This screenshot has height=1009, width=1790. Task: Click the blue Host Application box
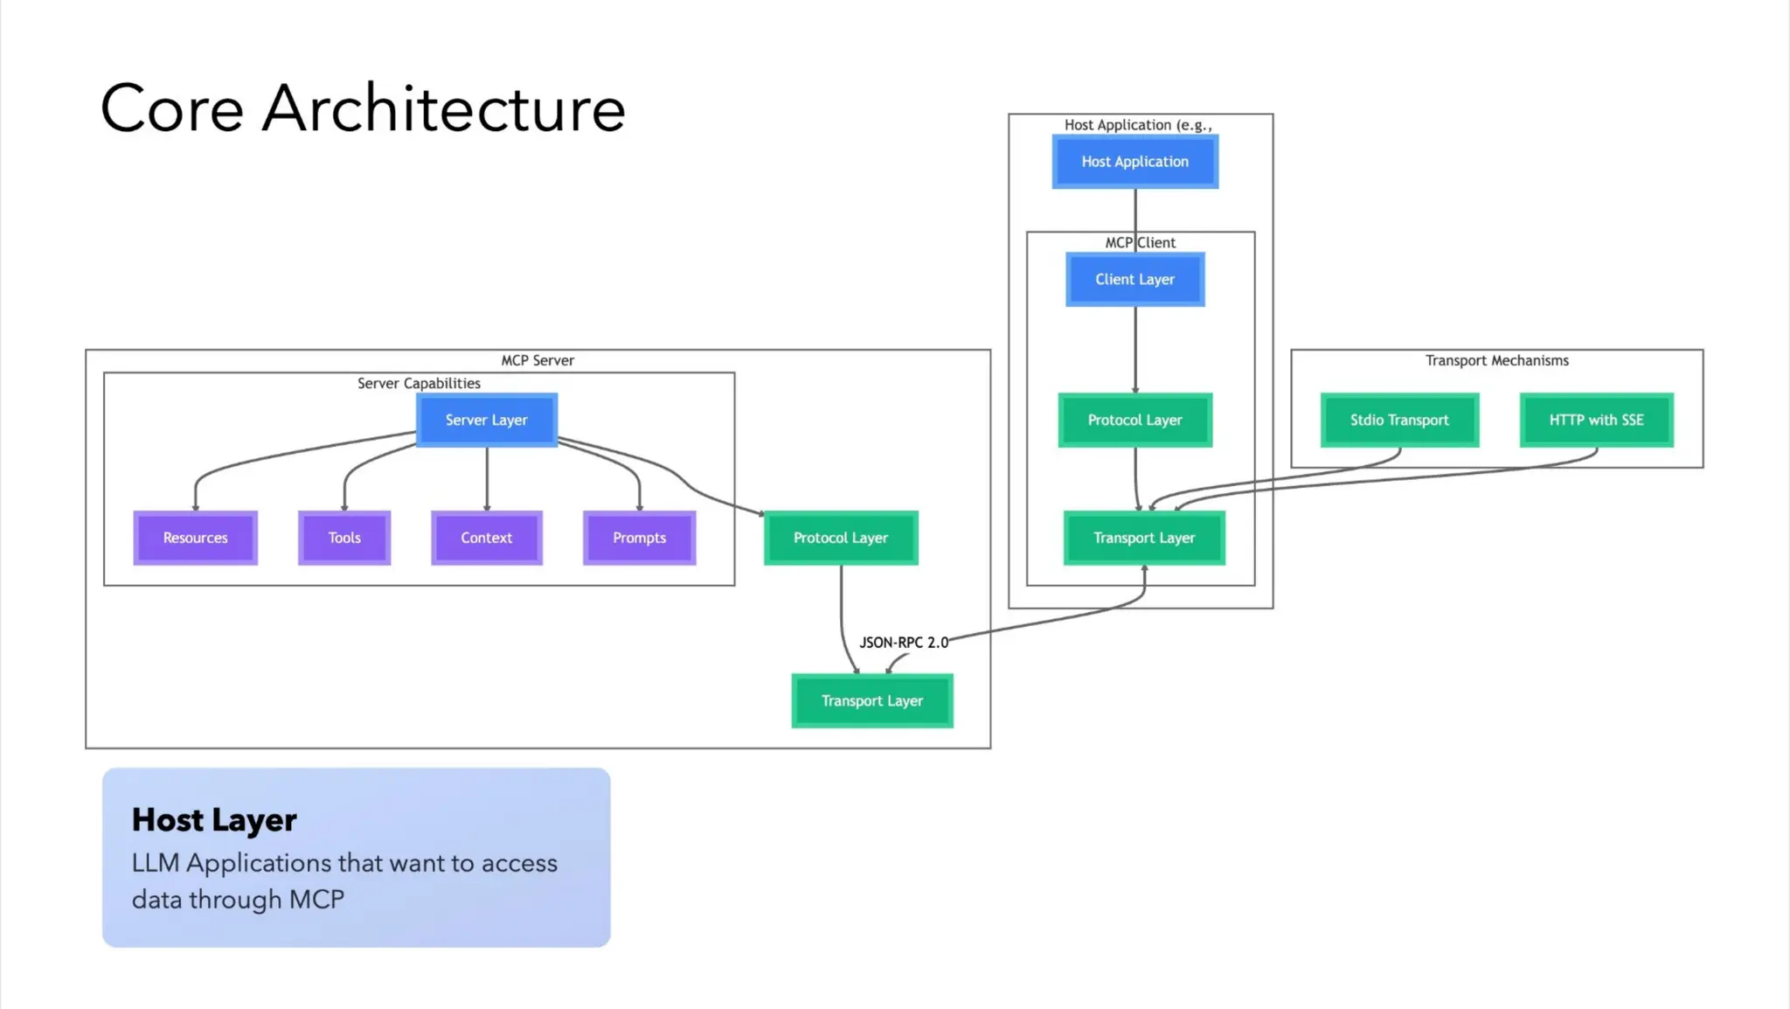click(x=1134, y=162)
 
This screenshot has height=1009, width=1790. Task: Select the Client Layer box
click(x=1134, y=280)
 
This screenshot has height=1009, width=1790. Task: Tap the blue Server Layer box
click(x=486, y=421)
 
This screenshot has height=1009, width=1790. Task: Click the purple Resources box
click(x=195, y=538)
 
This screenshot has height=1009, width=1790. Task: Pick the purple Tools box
click(x=343, y=538)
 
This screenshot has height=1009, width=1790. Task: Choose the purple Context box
click(x=486, y=538)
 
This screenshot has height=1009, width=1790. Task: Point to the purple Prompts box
click(x=639, y=538)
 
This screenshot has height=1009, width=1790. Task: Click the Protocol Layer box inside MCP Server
click(x=840, y=538)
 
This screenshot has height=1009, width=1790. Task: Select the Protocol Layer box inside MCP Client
click(x=1134, y=421)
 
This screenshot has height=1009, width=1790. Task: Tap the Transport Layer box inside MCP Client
click(x=1143, y=538)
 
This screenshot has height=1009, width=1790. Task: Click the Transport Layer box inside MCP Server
click(x=871, y=701)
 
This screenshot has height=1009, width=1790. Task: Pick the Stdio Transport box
click(x=1398, y=421)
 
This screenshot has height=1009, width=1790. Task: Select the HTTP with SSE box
click(x=1596, y=421)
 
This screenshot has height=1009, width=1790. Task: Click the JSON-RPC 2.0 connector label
click(x=903, y=643)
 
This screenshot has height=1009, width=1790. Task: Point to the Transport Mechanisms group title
click(x=1496, y=360)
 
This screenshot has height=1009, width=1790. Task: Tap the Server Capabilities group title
click(x=419, y=383)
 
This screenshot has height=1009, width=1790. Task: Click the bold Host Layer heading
click(x=214, y=820)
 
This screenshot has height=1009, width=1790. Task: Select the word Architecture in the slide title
click(x=443, y=108)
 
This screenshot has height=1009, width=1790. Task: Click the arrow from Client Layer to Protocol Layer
click(x=1135, y=350)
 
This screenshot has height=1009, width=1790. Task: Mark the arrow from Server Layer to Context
click(x=487, y=479)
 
